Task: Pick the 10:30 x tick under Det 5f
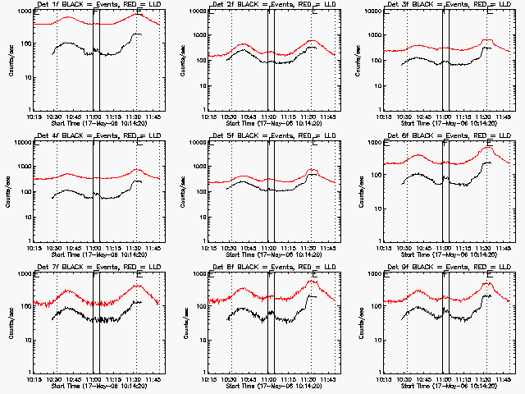coord(231,248)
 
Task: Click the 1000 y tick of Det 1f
coord(23,11)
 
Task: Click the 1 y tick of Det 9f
coord(377,372)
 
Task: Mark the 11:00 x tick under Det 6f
coord(445,248)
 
